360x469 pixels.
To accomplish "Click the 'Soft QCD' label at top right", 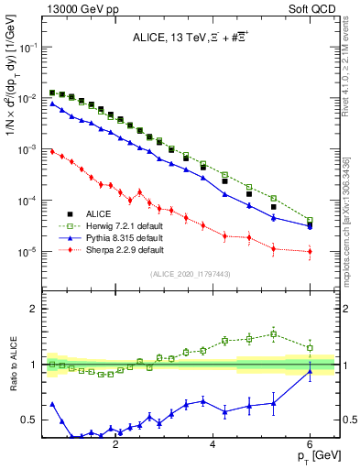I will tap(314, 8).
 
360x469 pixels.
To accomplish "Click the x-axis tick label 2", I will tap(115, 445).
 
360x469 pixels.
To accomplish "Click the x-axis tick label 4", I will tap(213, 445).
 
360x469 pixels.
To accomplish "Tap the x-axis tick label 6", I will tap(311, 445).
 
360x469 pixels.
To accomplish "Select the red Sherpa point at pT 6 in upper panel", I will tap(311, 251).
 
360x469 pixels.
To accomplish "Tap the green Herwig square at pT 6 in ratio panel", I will tap(311, 348).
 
